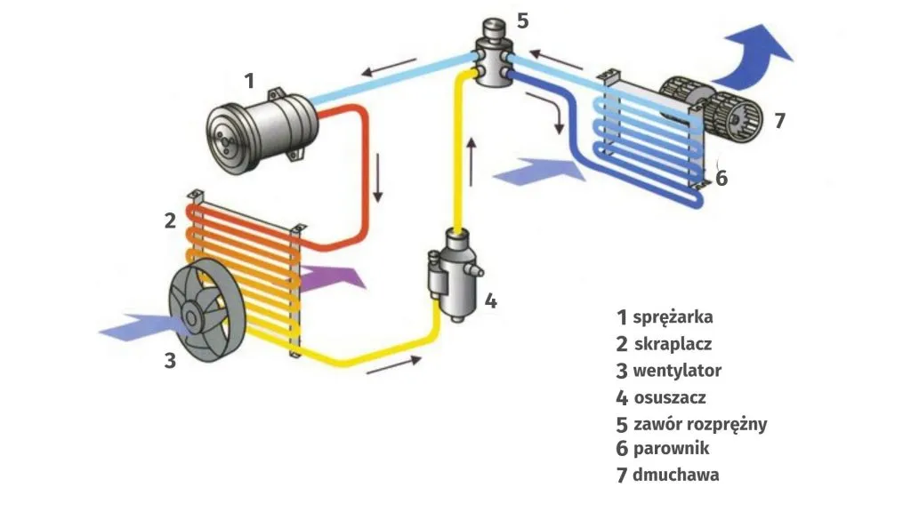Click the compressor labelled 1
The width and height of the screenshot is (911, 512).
[x=259, y=132]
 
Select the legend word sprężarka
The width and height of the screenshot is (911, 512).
[x=673, y=317]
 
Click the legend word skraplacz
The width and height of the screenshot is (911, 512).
[x=673, y=344]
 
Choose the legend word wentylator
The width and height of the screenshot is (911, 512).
[x=677, y=371]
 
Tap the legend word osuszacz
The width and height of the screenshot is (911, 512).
[x=670, y=397]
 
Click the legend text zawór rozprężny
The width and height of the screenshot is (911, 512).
[x=699, y=423]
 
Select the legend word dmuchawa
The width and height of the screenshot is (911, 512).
[x=676, y=475]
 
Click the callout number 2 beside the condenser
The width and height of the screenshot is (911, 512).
[x=170, y=221]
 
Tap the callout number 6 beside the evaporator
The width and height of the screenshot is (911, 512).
[x=722, y=178]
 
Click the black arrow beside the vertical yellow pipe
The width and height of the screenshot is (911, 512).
[x=472, y=155]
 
